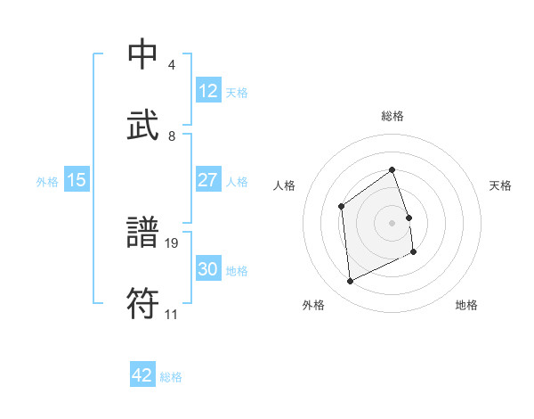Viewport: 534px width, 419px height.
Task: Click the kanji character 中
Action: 143,54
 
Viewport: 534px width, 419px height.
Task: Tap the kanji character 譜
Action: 143,234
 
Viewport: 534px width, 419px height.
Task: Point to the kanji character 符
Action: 143,304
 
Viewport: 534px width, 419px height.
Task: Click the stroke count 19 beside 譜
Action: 173,242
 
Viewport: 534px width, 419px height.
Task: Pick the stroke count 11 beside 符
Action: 172,314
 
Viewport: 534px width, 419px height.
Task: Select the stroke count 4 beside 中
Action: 171,65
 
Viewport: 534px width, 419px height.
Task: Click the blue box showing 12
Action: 207,91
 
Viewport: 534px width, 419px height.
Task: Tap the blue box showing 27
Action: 207,180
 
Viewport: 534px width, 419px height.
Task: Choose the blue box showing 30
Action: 207,269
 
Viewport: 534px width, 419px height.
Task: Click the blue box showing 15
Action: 77,180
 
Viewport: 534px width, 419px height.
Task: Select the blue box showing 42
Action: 142,375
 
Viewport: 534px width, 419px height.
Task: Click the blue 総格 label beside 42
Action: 171,377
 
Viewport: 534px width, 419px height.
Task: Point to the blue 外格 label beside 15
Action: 47,182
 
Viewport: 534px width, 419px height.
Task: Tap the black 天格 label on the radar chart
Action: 501,185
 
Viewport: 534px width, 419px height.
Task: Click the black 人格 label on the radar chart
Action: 285,185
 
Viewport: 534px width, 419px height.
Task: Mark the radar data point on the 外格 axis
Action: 350,282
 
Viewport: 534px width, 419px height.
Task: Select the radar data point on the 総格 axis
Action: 392,168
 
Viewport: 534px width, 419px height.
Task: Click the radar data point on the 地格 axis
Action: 414,253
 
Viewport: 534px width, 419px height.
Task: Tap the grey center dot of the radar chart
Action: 392,223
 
